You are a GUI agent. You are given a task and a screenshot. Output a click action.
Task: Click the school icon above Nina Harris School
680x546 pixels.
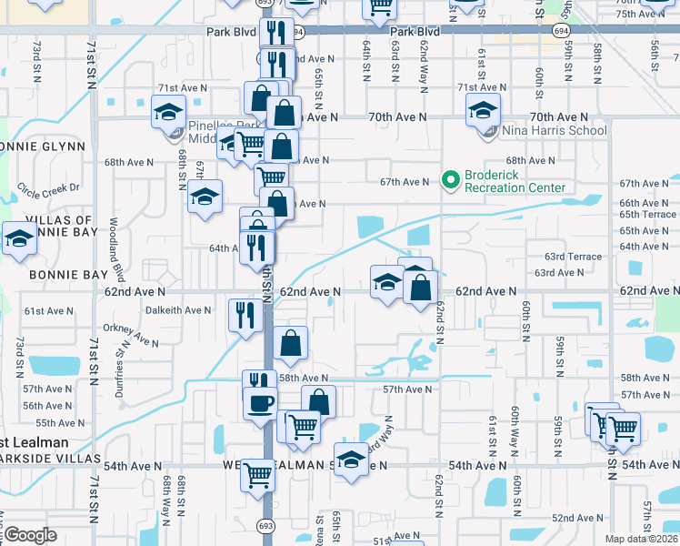[483, 112]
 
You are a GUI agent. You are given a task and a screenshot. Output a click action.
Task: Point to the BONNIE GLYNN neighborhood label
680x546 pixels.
[42, 147]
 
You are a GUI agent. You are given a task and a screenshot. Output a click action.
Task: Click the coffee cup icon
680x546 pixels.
[260, 403]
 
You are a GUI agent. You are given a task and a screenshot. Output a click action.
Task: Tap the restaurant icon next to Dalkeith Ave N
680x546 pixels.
[245, 316]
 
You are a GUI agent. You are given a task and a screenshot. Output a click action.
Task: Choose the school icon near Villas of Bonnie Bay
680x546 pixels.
[18, 238]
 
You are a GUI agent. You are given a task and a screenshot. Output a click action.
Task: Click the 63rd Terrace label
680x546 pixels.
[573, 257]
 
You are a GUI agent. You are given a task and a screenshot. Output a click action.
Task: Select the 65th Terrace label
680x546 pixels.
[646, 215]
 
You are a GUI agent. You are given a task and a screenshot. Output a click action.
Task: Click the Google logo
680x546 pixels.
[30, 535]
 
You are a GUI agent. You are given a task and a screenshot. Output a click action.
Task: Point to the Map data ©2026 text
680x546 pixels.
[641, 539]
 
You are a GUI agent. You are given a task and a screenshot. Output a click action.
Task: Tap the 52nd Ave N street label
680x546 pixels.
[580, 518]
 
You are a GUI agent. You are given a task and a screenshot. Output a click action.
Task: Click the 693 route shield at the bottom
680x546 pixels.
[265, 526]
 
